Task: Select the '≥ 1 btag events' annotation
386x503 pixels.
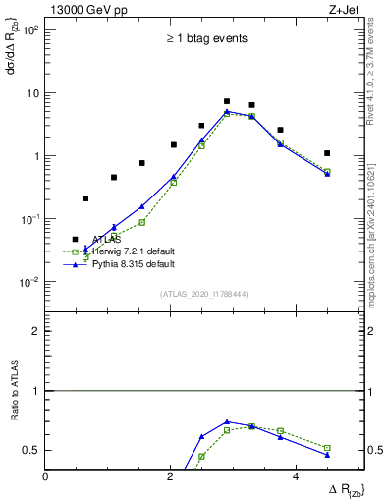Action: [205, 39]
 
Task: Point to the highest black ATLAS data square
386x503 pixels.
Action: [227, 101]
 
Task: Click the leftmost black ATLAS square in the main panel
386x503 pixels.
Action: [85, 198]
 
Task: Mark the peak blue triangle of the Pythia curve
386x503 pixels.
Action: [227, 112]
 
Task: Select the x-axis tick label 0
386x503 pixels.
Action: [46, 475]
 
